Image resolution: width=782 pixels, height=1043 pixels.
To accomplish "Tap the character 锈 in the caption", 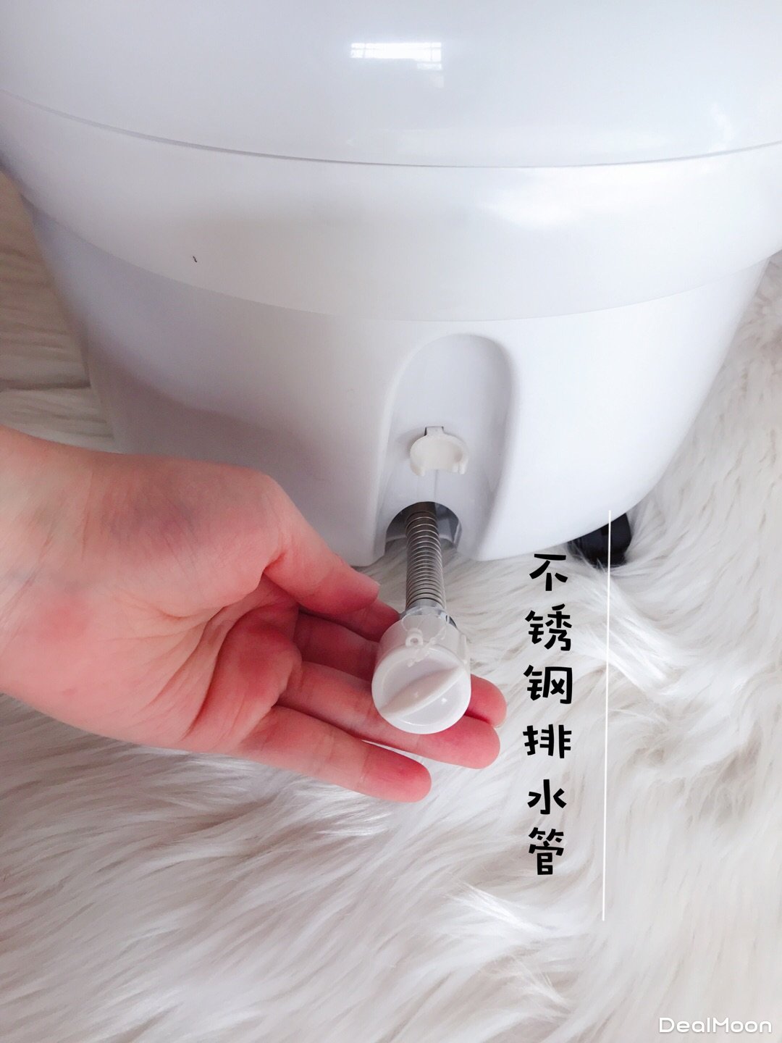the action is click(548, 632).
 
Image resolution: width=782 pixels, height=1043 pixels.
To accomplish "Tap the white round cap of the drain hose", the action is click(424, 675).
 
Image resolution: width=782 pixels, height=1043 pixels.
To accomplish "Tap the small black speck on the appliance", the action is click(194, 259).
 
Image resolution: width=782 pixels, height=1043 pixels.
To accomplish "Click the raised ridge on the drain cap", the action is click(424, 684).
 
